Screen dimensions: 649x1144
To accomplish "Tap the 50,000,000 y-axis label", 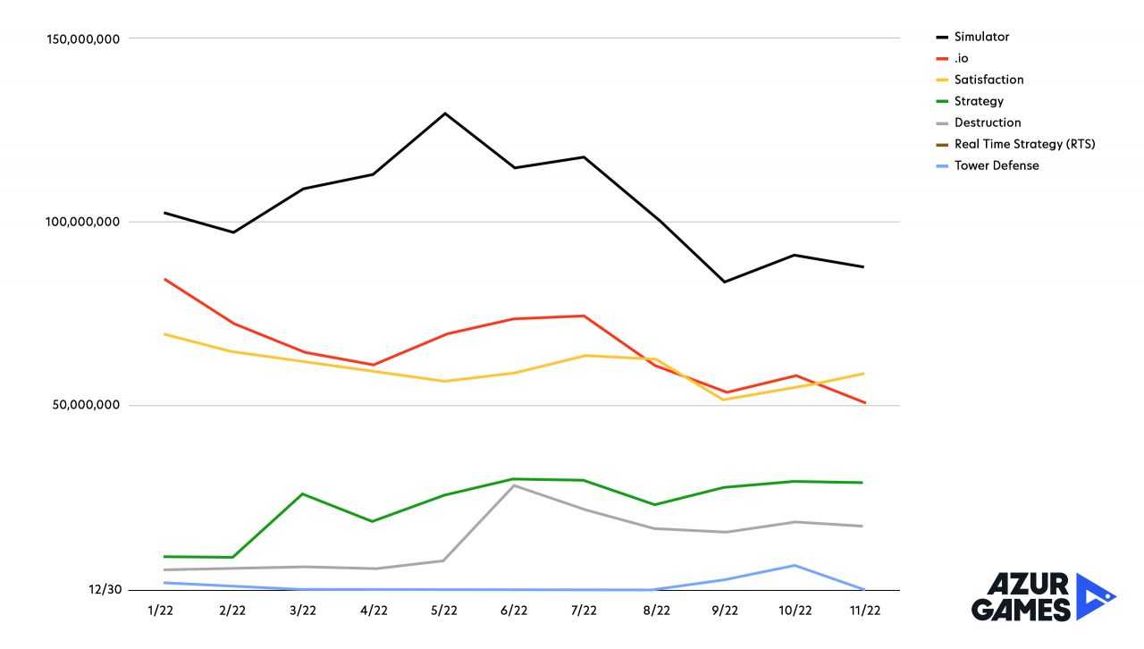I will pyautogui.click(x=84, y=406).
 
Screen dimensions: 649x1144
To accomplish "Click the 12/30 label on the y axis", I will pyautogui.click(x=105, y=590).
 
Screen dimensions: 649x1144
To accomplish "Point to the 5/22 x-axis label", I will pyautogui.click(x=444, y=611).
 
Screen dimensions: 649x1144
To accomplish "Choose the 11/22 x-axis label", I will pyautogui.click(x=864, y=611).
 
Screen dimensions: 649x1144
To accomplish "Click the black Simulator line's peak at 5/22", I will pyautogui.click(x=444, y=114).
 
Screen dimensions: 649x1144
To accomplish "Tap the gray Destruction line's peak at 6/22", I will pyautogui.click(x=515, y=485).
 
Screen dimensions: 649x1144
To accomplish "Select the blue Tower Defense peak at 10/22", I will pyautogui.click(x=795, y=565).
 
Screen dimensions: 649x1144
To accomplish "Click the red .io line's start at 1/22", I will pyautogui.click(x=164, y=279).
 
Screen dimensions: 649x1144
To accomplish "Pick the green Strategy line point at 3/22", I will pyautogui.click(x=304, y=493).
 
